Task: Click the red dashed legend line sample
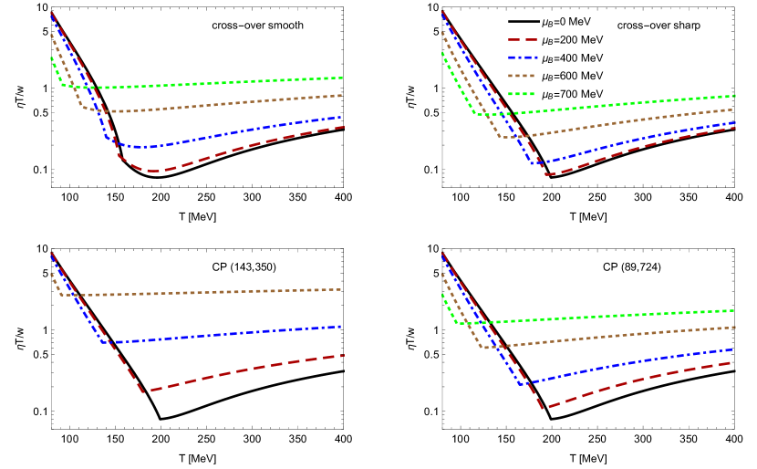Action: pyautogui.click(x=522, y=40)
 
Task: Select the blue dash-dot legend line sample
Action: pyautogui.click(x=522, y=57)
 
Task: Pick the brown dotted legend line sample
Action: pyautogui.click(x=522, y=76)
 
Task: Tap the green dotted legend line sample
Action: pyautogui.click(x=522, y=94)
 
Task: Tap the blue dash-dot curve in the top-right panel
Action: pyautogui.click(x=638, y=142)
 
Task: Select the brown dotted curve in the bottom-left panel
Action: pyautogui.click(x=201, y=292)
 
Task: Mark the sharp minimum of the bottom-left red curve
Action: pyautogui.click(x=144, y=392)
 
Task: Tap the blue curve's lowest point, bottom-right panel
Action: pyautogui.click(x=523, y=385)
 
